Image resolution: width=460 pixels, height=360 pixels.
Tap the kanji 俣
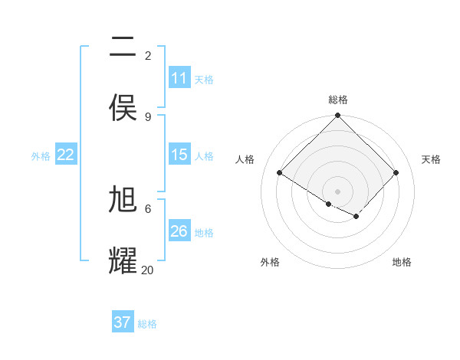click(x=123, y=108)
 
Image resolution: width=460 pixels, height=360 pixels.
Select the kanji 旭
click(x=123, y=199)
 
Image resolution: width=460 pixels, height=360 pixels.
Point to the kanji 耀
click(x=123, y=260)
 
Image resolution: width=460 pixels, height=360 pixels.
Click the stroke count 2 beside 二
click(x=148, y=55)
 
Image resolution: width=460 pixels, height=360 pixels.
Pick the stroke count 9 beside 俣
click(x=148, y=116)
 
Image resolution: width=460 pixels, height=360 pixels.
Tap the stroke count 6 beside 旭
click(x=148, y=208)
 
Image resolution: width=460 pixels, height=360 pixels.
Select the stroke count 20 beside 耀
click(x=148, y=270)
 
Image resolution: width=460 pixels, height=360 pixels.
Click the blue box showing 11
click(x=179, y=78)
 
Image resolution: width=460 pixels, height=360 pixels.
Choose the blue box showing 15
click(x=179, y=155)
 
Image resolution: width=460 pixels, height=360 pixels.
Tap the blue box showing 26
click(x=179, y=231)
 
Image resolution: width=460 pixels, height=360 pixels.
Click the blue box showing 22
click(x=66, y=155)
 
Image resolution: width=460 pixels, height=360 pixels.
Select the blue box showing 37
click(x=123, y=322)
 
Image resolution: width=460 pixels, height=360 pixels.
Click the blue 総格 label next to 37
click(x=147, y=324)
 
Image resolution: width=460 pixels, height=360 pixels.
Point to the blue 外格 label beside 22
click(x=41, y=156)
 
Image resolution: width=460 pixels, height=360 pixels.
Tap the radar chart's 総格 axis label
click(x=338, y=100)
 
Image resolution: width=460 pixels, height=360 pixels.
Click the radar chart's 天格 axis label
click(x=432, y=159)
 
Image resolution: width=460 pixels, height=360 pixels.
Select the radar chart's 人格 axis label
click(x=245, y=159)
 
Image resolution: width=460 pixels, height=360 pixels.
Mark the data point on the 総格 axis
click(x=338, y=116)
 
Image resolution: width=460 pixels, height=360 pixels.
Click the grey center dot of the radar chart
click(x=338, y=191)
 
